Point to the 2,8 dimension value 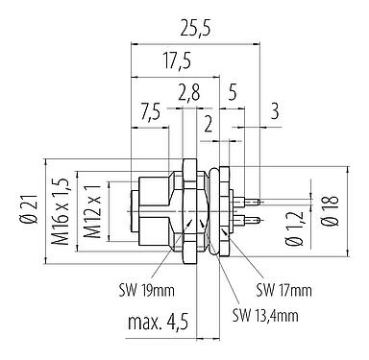click(189, 91)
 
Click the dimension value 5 click(233, 91)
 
